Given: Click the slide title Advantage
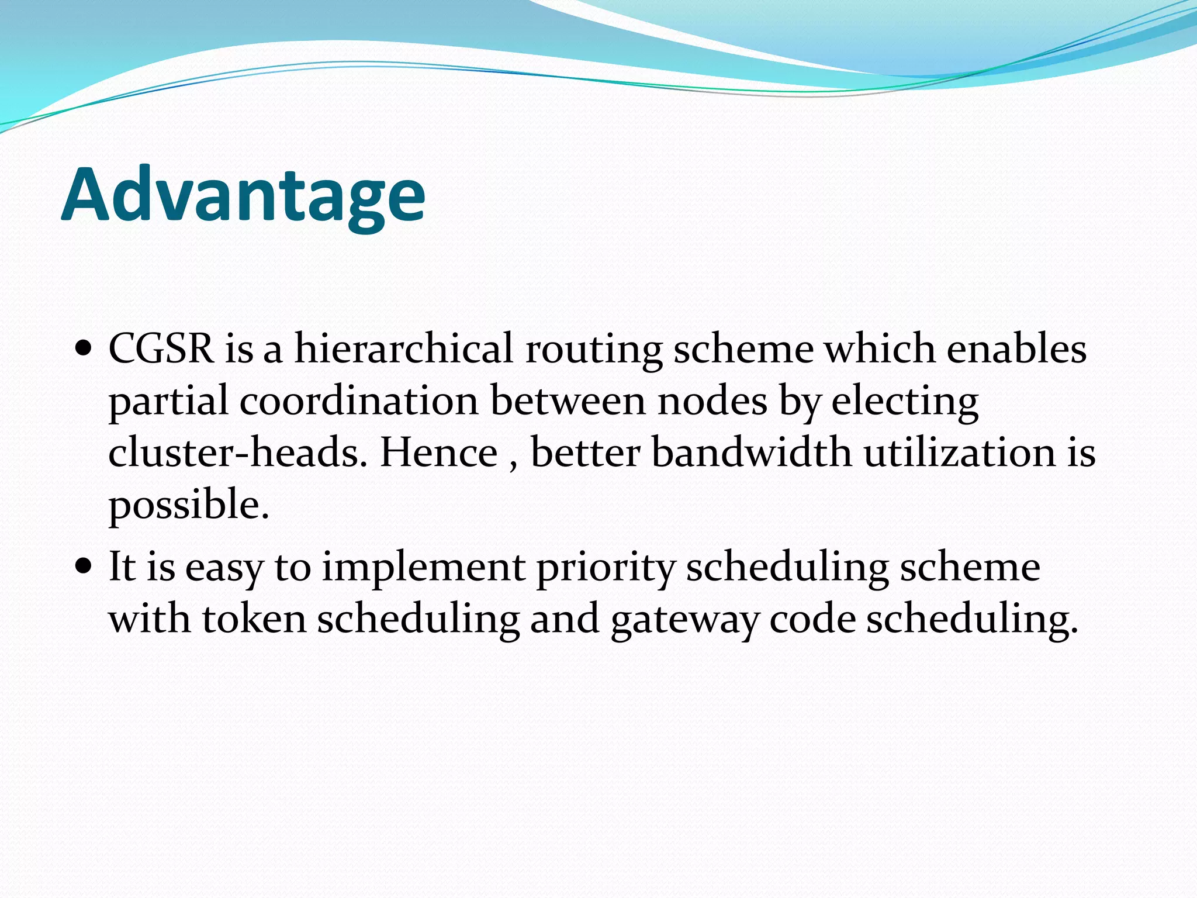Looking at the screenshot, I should point(243,196).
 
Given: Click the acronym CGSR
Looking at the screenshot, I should point(161,349).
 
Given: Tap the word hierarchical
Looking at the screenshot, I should point(403,349).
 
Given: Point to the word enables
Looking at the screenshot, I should point(1016,349).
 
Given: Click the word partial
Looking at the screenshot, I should point(168,402).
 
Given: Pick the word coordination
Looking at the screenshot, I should point(359,401).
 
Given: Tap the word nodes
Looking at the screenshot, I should point(712,401).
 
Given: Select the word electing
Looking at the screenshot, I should point(904,402).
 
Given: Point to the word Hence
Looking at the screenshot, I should point(438,453).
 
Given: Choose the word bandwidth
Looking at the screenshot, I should point(751,453).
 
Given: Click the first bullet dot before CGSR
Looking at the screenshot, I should point(84,350).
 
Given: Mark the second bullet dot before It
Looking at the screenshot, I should point(84,567).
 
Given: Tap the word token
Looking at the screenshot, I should point(254,619).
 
